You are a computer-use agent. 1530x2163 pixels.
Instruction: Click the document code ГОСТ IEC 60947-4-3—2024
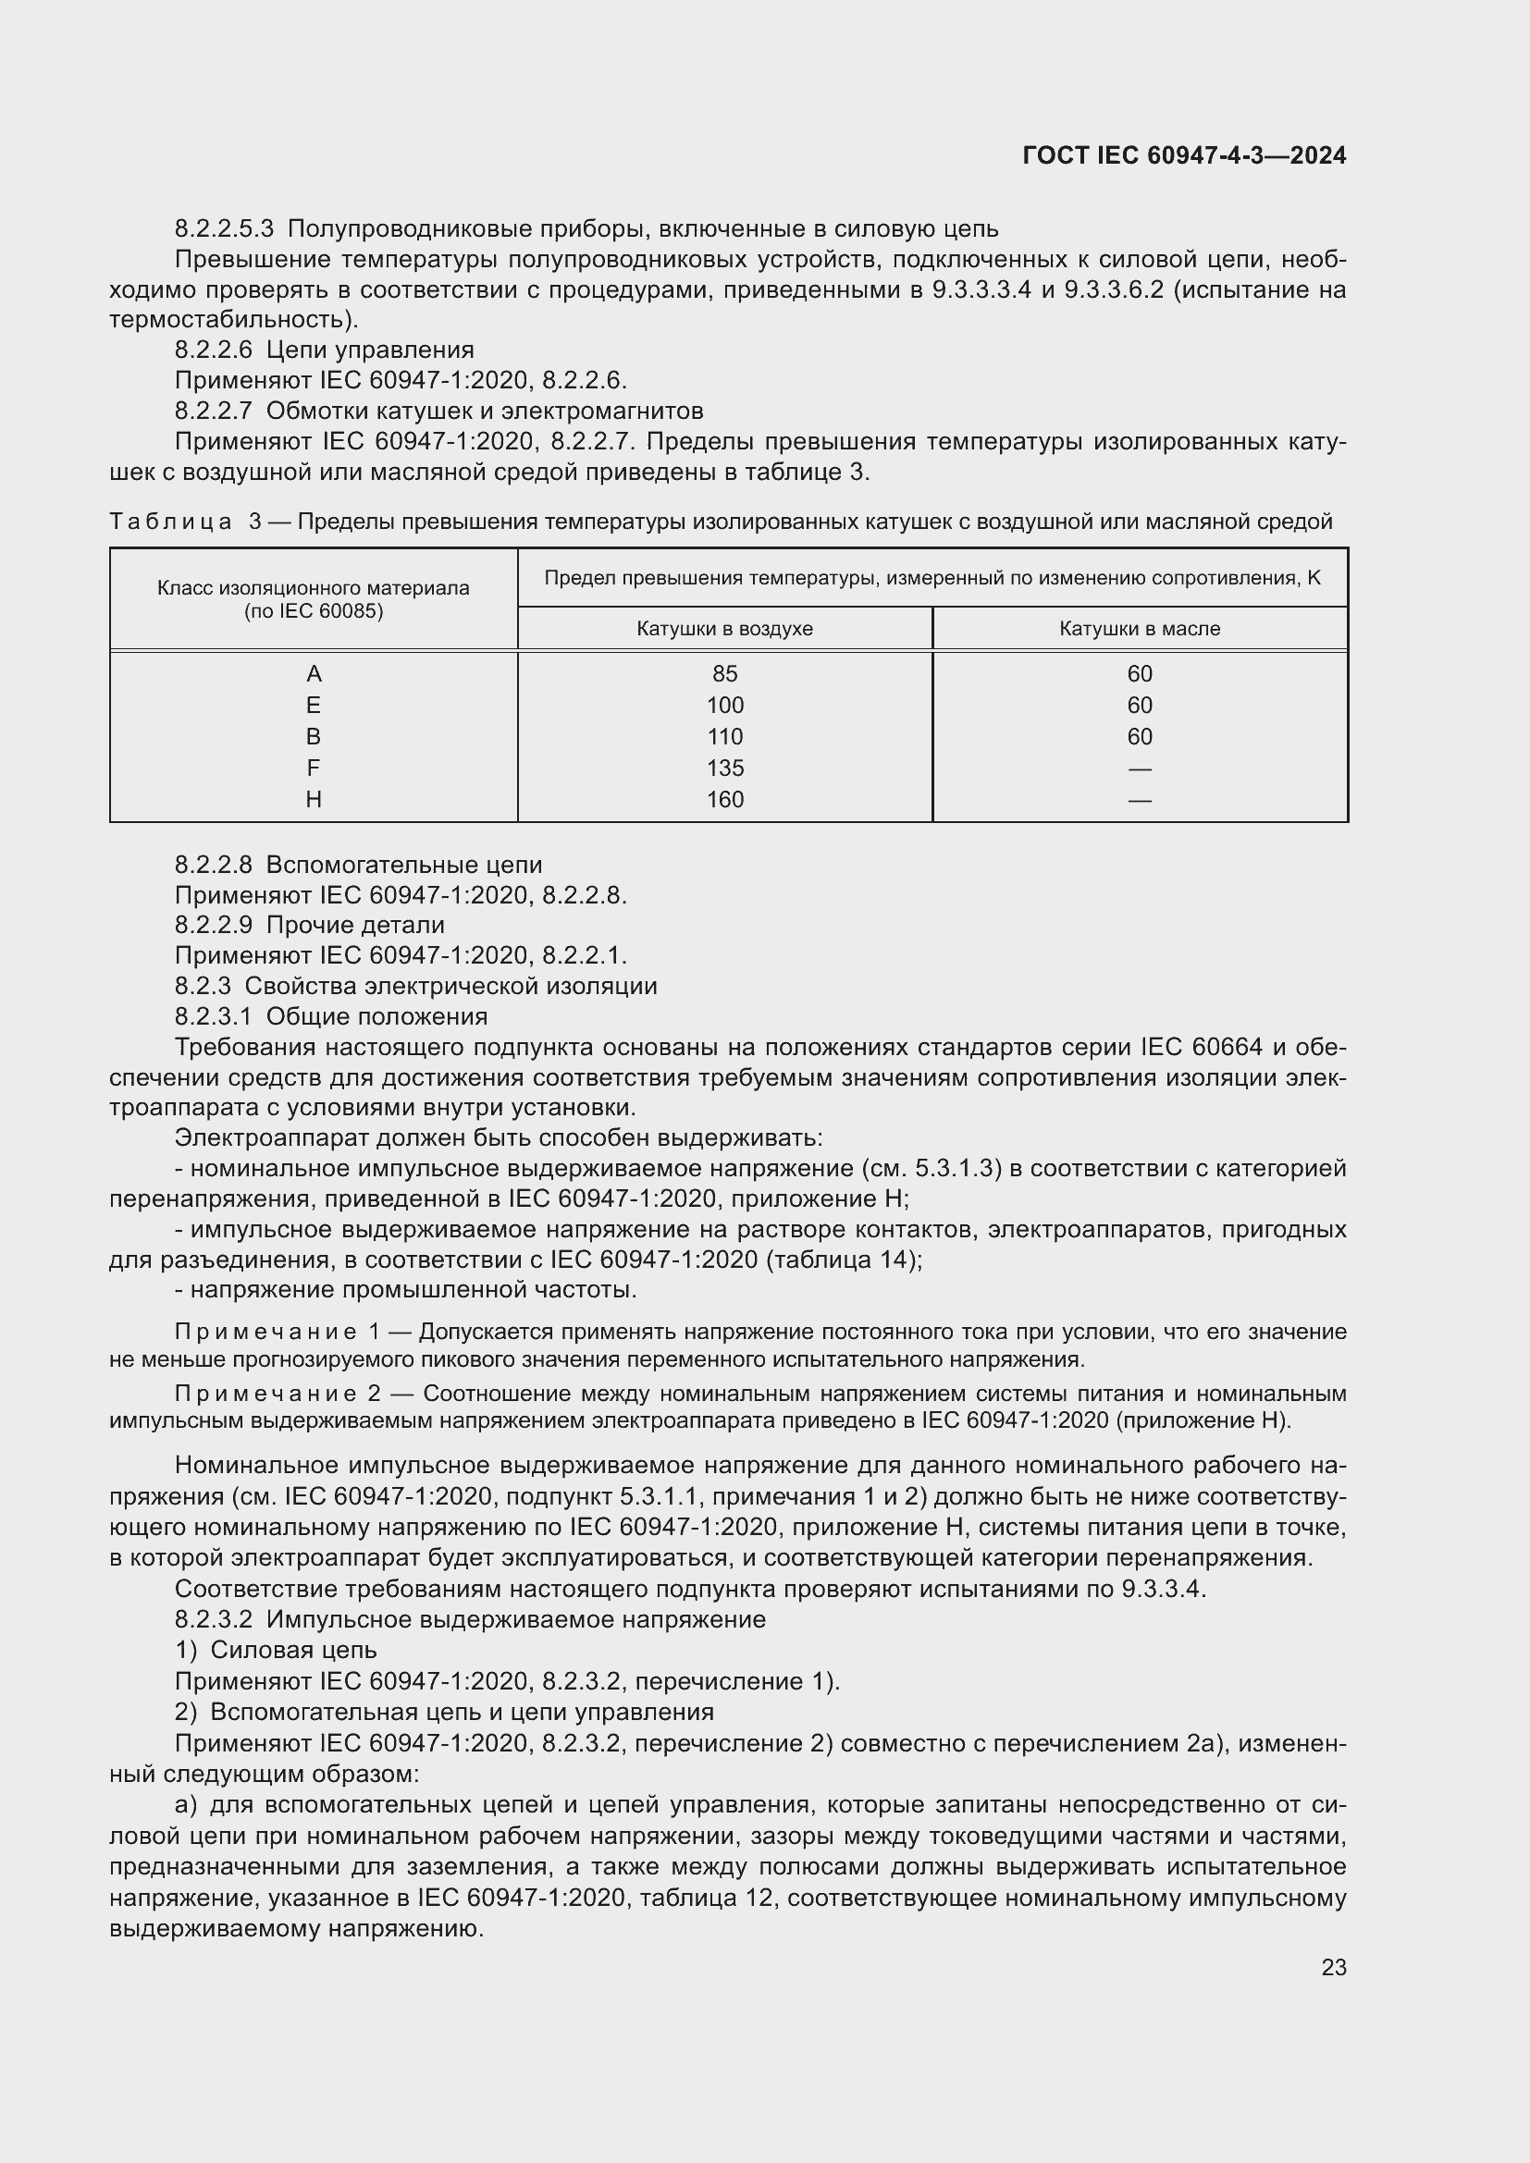click(1183, 155)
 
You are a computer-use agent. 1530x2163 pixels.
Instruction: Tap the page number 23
click(1333, 1967)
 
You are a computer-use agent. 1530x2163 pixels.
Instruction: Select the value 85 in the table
click(724, 673)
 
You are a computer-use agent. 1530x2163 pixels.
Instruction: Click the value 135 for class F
click(724, 768)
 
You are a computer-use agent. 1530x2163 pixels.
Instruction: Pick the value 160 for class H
click(724, 799)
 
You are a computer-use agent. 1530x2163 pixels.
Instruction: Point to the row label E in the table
click(314, 705)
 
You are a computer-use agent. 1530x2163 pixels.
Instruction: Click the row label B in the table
click(314, 737)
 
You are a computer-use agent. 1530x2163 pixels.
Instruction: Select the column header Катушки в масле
click(1139, 628)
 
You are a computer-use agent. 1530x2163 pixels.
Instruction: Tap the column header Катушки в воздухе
click(724, 628)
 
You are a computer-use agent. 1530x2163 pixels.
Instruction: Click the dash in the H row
click(1139, 800)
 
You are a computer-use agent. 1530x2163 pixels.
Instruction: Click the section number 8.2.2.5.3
click(224, 229)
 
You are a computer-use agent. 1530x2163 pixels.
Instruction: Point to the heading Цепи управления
click(370, 350)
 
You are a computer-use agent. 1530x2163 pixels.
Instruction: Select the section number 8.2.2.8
click(214, 865)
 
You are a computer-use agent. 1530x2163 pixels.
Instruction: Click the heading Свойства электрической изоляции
click(450, 987)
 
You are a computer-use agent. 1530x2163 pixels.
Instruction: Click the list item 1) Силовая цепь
click(276, 1651)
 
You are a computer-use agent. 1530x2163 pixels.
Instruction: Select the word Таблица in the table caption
click(170, 522)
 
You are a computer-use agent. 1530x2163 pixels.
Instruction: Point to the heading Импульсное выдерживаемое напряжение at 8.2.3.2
click(515, 1619)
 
